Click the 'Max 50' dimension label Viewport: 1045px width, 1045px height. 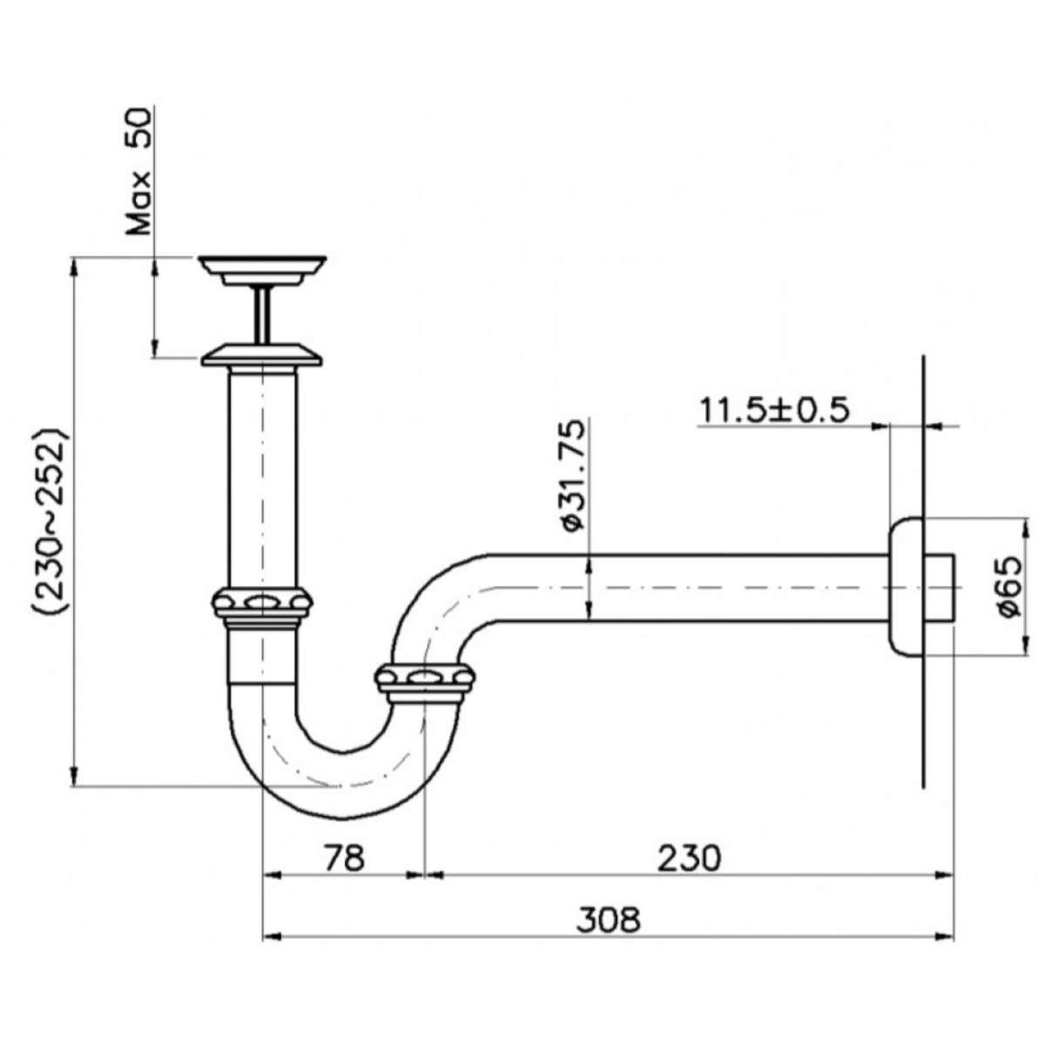coord(139,172)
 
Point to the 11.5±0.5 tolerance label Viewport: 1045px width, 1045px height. coord(773,408)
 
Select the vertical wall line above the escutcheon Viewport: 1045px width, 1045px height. coord(921,435)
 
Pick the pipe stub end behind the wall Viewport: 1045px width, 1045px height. coord(944,588)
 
